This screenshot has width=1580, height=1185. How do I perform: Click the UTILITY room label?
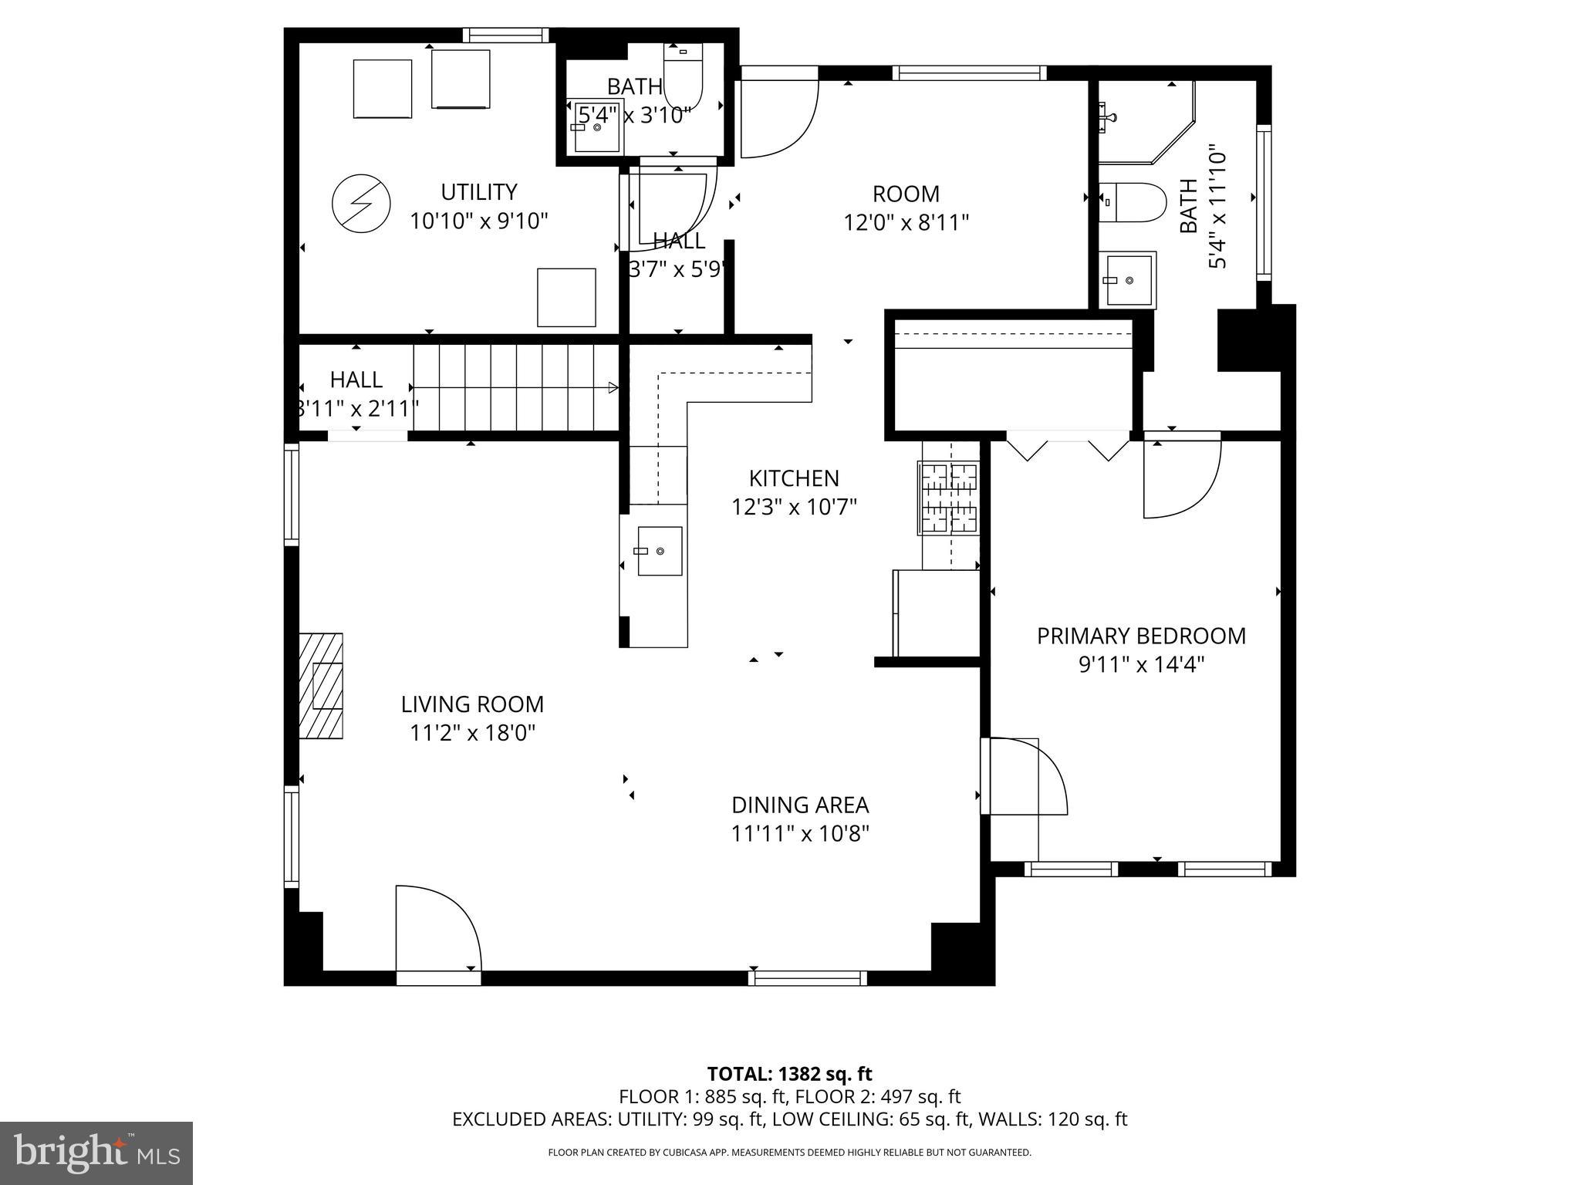478,191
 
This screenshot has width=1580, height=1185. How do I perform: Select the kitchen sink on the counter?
660,551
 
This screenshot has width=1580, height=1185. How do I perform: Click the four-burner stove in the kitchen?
948,498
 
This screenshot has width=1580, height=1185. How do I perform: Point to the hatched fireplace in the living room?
322,686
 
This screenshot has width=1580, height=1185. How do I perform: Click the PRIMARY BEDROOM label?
1140,636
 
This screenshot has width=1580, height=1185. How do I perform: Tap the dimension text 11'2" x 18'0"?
472,732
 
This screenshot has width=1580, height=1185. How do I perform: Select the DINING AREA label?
800,805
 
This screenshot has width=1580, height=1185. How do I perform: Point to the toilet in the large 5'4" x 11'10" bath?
1133,203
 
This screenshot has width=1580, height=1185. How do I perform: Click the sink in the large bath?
1127,279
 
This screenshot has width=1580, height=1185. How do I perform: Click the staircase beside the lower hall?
515,387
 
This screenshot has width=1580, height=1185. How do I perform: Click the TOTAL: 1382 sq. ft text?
789,1074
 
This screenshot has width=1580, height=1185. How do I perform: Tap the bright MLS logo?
96,1153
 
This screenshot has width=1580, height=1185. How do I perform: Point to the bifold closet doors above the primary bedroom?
1068,447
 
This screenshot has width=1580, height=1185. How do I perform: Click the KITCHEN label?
794,478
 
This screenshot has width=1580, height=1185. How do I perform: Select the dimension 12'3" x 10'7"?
794,507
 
